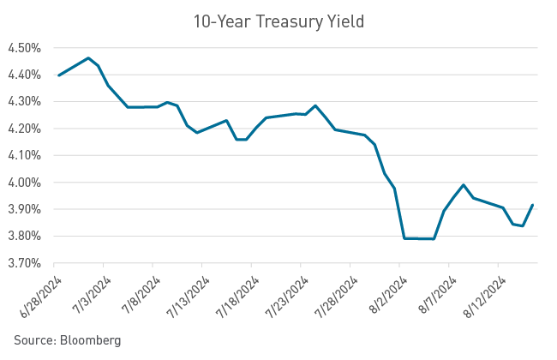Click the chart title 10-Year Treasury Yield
pyautogui.click(x=278, y=21)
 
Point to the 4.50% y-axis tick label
pyautogui.click(x=24, y=48)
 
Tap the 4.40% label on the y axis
pyautogui.click(x=24, y=75)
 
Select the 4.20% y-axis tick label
pyautogui.click(x=24, y=129)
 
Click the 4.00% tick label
pyautogui.click(x=24, y=183)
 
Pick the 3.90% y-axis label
pyautogui.click(x=24, y=209)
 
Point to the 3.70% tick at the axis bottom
pyautogui.click(x=24, y=263)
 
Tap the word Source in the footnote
pyautogui.click(x=33, y=340)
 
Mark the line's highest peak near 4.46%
pyautogui.click(x=88, y=58)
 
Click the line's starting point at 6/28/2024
pyautogui.click(x=57, y=75)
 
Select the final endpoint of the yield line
pyautogui.click(x=532, y=204)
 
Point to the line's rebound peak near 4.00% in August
pyautogui.click(x=464, y=184)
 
